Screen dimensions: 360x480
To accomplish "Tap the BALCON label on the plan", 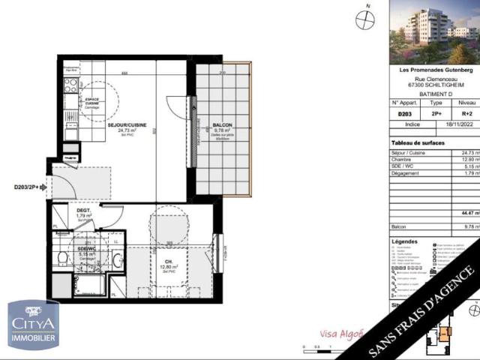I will (222, 124).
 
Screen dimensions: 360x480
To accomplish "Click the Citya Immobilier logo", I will (33, 325).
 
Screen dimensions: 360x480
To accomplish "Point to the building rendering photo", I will (435, 31).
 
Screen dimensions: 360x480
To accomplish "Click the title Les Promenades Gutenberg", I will (435, 70).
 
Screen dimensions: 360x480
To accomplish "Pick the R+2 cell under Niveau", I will (466, 114).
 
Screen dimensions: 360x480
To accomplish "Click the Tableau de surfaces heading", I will (418, 142).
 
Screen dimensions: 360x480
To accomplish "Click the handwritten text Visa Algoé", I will (335, 334).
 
